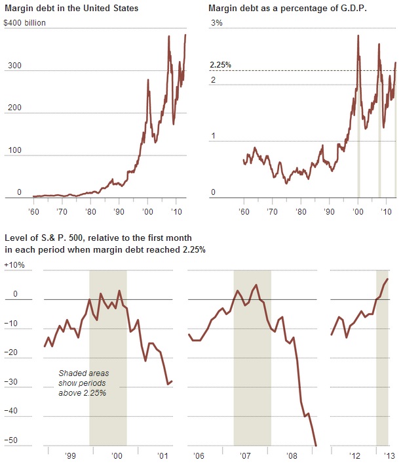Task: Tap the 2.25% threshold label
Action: coord(220,65)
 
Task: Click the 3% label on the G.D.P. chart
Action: coord(216,23)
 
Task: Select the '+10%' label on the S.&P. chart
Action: coord(14,265)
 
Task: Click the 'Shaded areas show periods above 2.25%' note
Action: coord(83,383)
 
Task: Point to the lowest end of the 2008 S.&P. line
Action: coord(316,446)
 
